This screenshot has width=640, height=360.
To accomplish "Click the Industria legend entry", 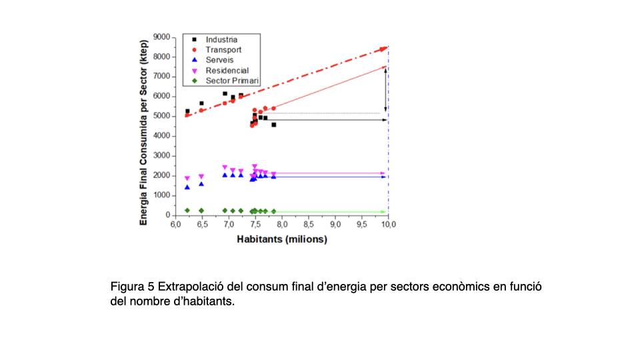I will point(221,40).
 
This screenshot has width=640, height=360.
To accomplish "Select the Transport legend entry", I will point(223,50).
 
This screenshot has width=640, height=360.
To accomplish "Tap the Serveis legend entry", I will point(219,60).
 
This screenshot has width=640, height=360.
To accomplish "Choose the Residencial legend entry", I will point(227,71).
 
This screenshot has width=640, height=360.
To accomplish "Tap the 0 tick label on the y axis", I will point(167,215).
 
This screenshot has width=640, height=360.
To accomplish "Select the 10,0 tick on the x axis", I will point(388,225).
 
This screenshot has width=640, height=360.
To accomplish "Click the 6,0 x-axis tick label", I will point(175,225).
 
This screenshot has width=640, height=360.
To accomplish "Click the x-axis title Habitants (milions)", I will point(282,239).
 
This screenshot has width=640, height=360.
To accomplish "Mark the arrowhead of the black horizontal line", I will point(384,120).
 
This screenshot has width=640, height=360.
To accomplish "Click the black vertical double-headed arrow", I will point(385,89).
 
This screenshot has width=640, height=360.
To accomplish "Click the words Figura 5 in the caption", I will point(132,287).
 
